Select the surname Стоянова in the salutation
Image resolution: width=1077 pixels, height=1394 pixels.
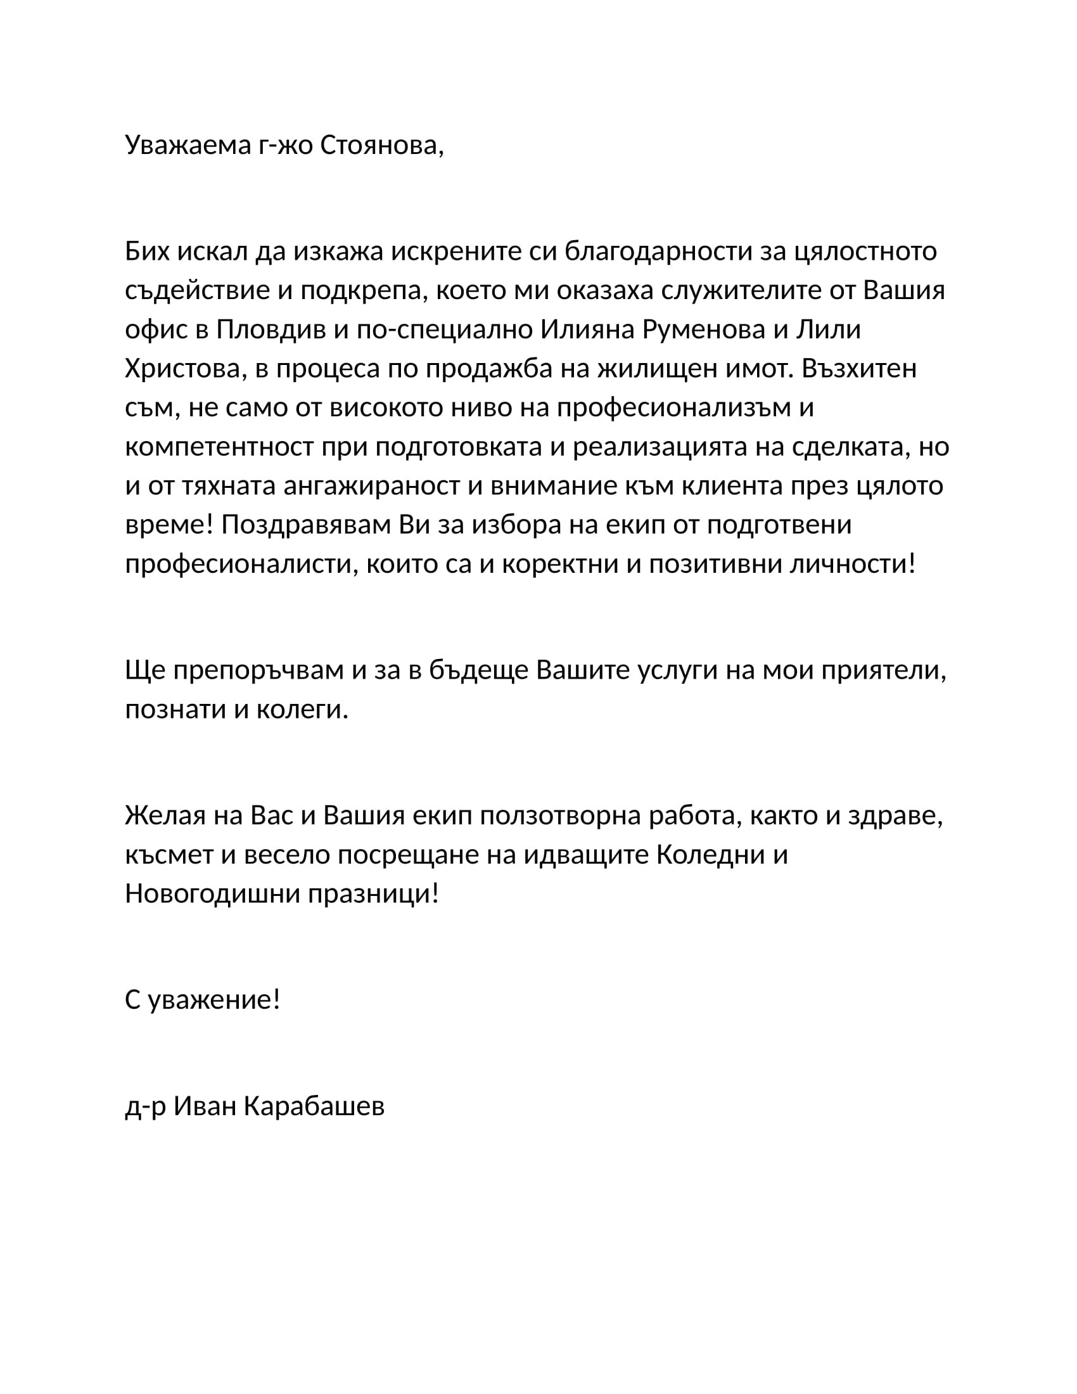tap(381, 146)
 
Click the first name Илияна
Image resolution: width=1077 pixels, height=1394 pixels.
tap(589, 329)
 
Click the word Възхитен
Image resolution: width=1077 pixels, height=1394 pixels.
tap(859, 369)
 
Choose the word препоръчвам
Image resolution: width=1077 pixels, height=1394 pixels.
tap(258, 670)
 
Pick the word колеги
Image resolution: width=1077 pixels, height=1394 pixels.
tap(302, 709)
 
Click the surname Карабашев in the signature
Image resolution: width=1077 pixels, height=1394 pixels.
tap(314, 1106)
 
